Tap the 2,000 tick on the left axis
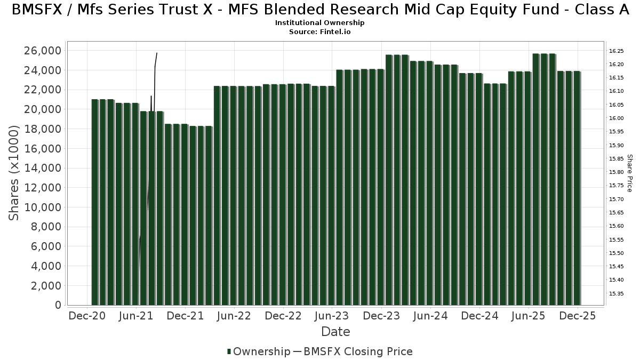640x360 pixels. tap(44, 285)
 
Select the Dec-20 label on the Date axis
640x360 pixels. tap(86, 316)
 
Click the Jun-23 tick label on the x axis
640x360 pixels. tap(332, 316)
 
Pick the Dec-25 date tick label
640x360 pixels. tap(577, 316)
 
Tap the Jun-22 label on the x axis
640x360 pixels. tap(234, 316)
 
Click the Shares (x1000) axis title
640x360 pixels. tap(14, 172)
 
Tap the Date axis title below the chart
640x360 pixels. tap(335, 332)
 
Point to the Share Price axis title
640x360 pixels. tap(629, 173)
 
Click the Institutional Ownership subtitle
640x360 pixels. tap(320, 23)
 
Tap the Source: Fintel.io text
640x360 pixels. tap(320, 32)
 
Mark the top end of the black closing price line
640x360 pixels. tap(156, 53)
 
